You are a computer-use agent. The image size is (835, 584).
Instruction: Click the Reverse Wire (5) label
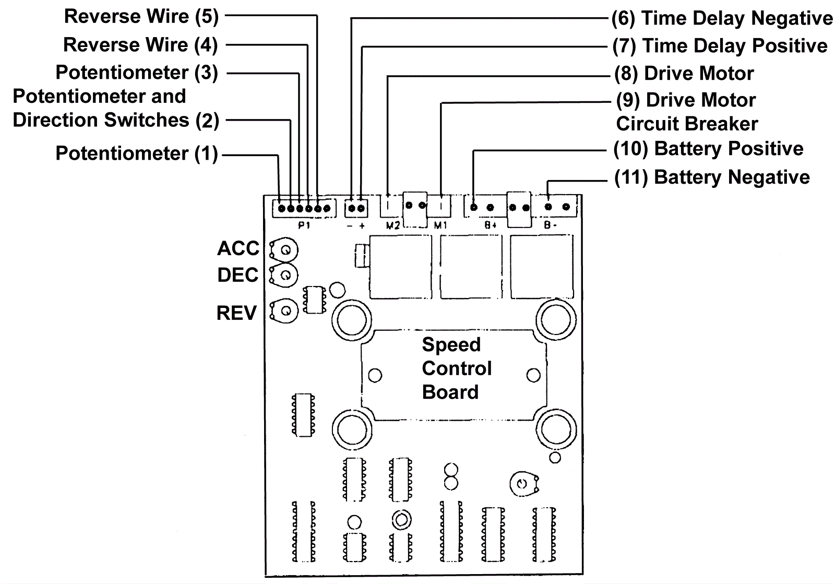coord(141,17)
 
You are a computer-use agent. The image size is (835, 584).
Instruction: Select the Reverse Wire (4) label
coord(140,45)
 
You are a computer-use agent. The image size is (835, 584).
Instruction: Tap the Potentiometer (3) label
coord(136,73)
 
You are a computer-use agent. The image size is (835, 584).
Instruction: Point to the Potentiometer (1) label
coord(136,153)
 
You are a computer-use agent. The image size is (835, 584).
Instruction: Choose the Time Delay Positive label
coord(720,46)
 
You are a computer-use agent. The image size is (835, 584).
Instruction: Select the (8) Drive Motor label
coord(684,74)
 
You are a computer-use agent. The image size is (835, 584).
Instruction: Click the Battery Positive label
coord(708,149)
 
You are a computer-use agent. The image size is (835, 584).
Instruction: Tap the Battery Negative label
coord(712,177)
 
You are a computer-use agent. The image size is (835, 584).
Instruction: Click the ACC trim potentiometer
coord(284,250)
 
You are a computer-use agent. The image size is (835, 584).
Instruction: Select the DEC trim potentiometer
coord(284,275)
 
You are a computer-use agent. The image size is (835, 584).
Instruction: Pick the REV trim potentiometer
coord(285,311)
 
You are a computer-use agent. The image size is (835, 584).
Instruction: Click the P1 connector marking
coord(304,226)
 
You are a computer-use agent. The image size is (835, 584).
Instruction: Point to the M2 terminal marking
coord(392,226)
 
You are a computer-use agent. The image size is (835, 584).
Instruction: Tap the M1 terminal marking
coord(441,226)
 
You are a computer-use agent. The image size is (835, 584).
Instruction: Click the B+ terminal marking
coord(490,226)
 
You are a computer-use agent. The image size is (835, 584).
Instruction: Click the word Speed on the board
coord(451,344)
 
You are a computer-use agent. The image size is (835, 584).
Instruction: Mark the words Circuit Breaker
coord(686,124)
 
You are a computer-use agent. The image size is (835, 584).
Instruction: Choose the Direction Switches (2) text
coord(115,121)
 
